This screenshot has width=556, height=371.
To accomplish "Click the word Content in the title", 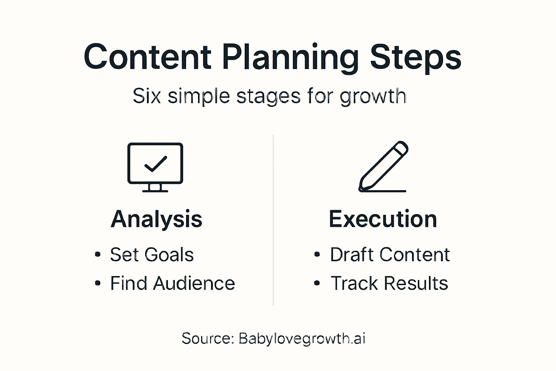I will coord(148,57).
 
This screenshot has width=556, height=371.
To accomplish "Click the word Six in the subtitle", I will coord(147,96).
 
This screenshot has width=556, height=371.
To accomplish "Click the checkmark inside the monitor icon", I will coord(156,164).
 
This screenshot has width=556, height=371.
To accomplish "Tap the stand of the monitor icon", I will coord(155,188).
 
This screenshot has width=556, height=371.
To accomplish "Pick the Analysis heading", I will coord(156,219).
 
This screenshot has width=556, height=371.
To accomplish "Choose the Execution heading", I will coord(383,219).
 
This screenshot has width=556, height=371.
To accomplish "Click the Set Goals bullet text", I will coord(152,254).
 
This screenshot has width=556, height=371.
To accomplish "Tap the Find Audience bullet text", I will coord(173,283).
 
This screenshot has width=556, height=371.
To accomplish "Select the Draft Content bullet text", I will coord(390,254).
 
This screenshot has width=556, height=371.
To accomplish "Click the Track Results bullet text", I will coord(389,283).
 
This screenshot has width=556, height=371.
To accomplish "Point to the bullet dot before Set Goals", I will coord(97,254).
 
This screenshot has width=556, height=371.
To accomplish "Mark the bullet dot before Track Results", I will coord(317,283).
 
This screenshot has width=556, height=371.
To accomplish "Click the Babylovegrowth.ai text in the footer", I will coord(302,338).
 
